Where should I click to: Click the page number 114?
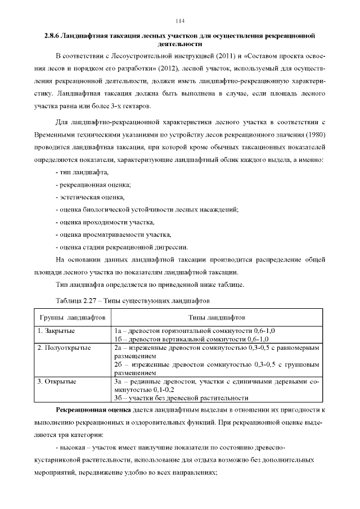[x=180, y=21]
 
